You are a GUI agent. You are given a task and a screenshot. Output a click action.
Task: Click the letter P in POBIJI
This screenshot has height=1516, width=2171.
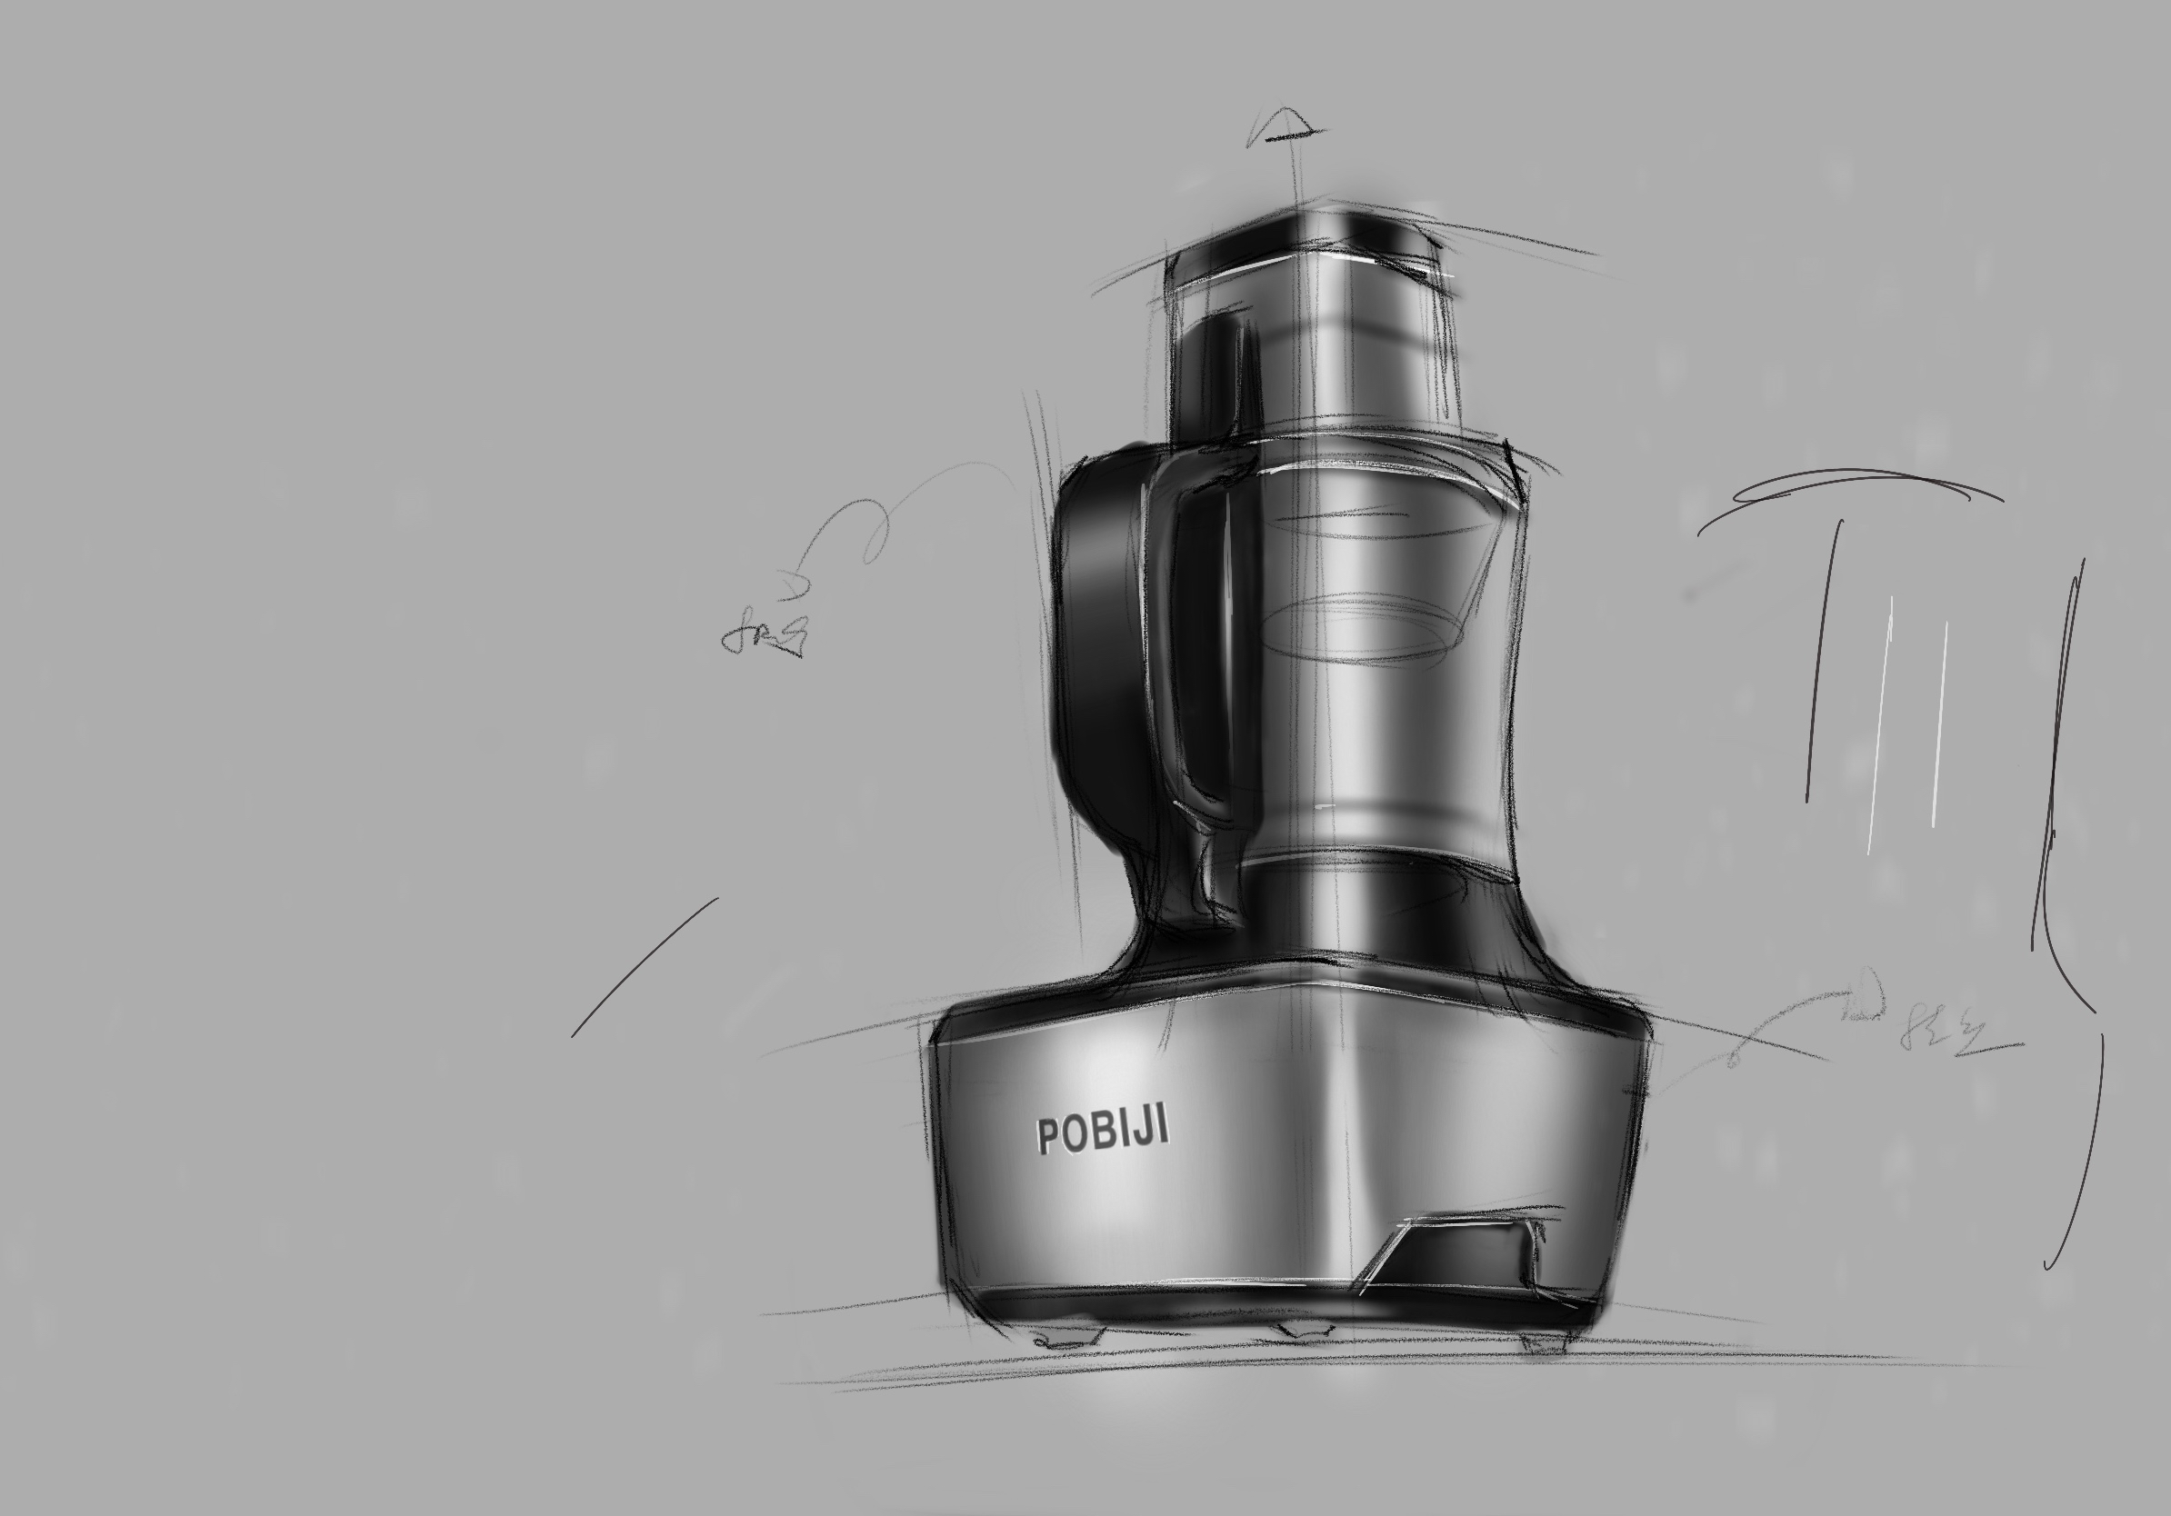click(x=1047, y=1136)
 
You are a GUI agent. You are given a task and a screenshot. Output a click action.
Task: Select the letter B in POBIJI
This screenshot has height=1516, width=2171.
click(x=1105, y=1132)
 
